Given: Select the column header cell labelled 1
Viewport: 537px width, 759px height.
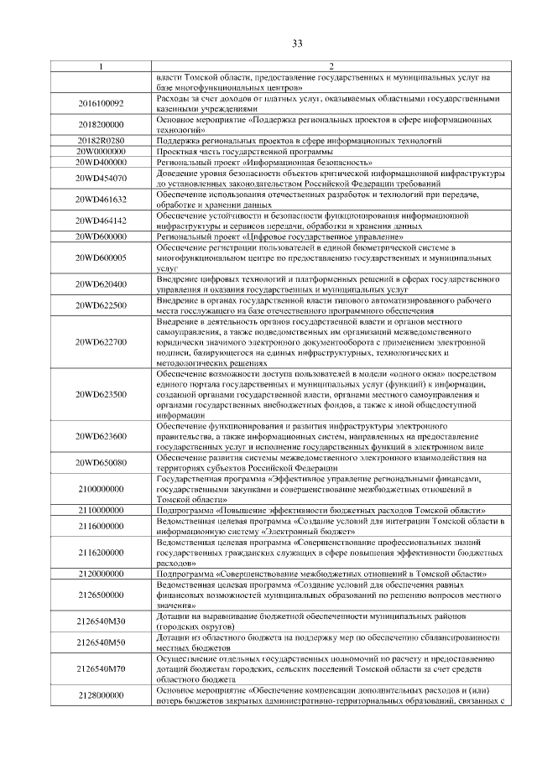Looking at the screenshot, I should tap(101, 66).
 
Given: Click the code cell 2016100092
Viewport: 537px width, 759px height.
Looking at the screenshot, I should tap(101, 103).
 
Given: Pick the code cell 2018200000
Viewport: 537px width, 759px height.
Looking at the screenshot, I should tap(101, 125).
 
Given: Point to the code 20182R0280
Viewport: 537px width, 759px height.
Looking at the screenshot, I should tap(101, 140).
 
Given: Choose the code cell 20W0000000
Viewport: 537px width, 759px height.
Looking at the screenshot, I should tap(101, 151).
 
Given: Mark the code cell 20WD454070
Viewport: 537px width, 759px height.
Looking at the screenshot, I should tap(101, 178).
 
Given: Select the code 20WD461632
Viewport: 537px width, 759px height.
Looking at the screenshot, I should tap(101, 200).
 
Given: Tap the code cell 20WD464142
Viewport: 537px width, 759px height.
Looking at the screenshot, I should tap(101, 221).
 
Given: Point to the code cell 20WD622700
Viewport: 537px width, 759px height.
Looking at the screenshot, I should tap(101, 342).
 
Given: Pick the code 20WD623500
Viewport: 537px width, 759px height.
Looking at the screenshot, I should tap(101, 394).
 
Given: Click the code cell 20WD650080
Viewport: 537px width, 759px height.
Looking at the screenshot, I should tap(101, 463).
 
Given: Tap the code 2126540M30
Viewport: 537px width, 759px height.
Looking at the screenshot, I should tap(101, 621).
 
